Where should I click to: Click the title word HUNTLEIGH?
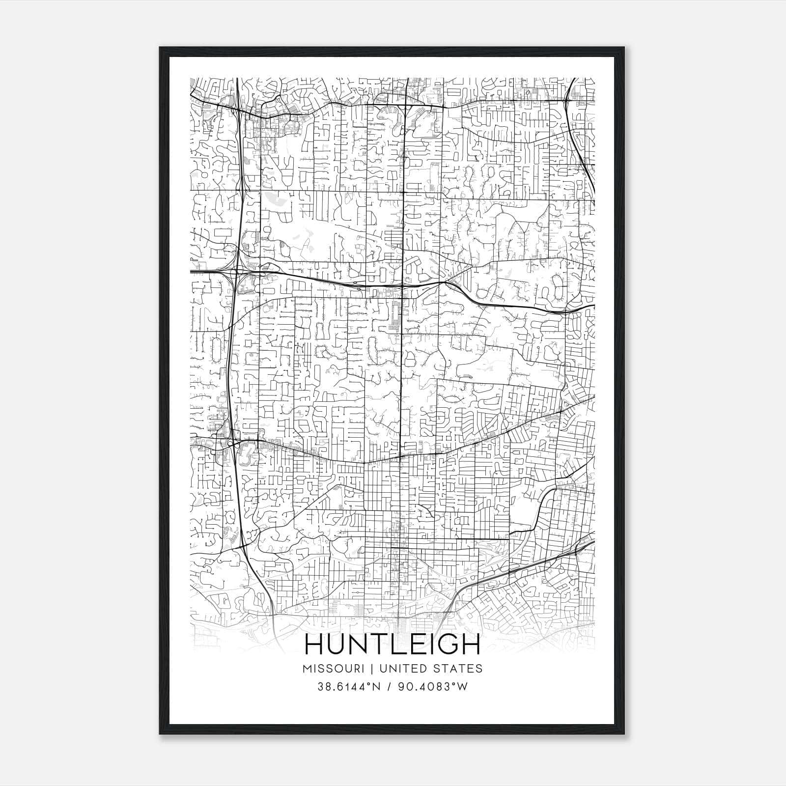pyautogui.click(x=393, y=645)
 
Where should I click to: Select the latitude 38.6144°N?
pyautogui.click(x=349, y=687)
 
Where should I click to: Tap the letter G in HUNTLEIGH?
pyautogui.click(x=445, y=645)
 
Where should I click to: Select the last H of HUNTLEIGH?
pyautogui.click(x=470, y=645)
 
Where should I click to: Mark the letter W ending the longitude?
pyautogui.click(x=462, y=687)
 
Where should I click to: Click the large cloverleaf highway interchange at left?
pyautogui.click(x=236, y=271)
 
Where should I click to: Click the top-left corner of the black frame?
pyautogui.click(x=160, y=48)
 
